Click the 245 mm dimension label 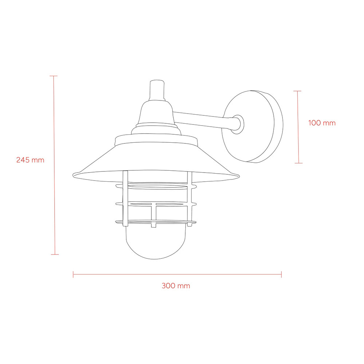pos(30,160)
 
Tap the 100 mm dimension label pos(322,123)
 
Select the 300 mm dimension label pos(176,285)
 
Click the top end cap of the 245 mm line pos(54,76)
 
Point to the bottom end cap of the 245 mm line pos(55,254)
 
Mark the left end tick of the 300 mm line pos(73,274)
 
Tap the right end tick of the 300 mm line pos(281,274)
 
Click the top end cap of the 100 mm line pos(297,91)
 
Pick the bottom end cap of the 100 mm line pos(298,163)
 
